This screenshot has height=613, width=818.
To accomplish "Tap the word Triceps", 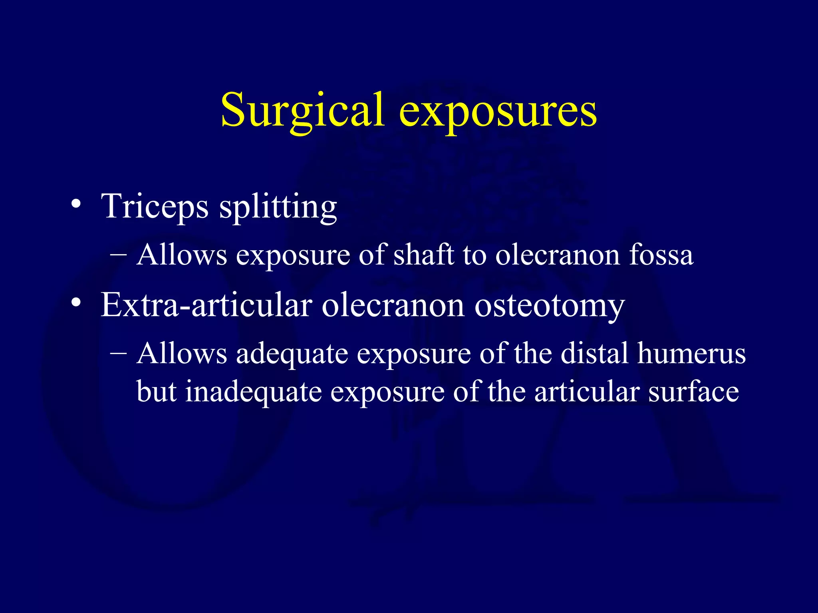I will [155, 207].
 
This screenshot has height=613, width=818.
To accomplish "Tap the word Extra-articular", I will [206, 305].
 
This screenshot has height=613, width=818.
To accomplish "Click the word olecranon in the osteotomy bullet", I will [393, 305].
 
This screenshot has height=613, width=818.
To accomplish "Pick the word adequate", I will [292, 354].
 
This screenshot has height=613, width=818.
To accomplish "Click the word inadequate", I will [253, 392].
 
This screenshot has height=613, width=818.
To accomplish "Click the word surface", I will [693, 392].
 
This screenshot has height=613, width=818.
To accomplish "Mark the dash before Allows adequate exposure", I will [118, 353].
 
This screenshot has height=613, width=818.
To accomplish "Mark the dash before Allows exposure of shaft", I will [118, 255].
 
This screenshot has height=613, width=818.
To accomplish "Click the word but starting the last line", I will [156, 392].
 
